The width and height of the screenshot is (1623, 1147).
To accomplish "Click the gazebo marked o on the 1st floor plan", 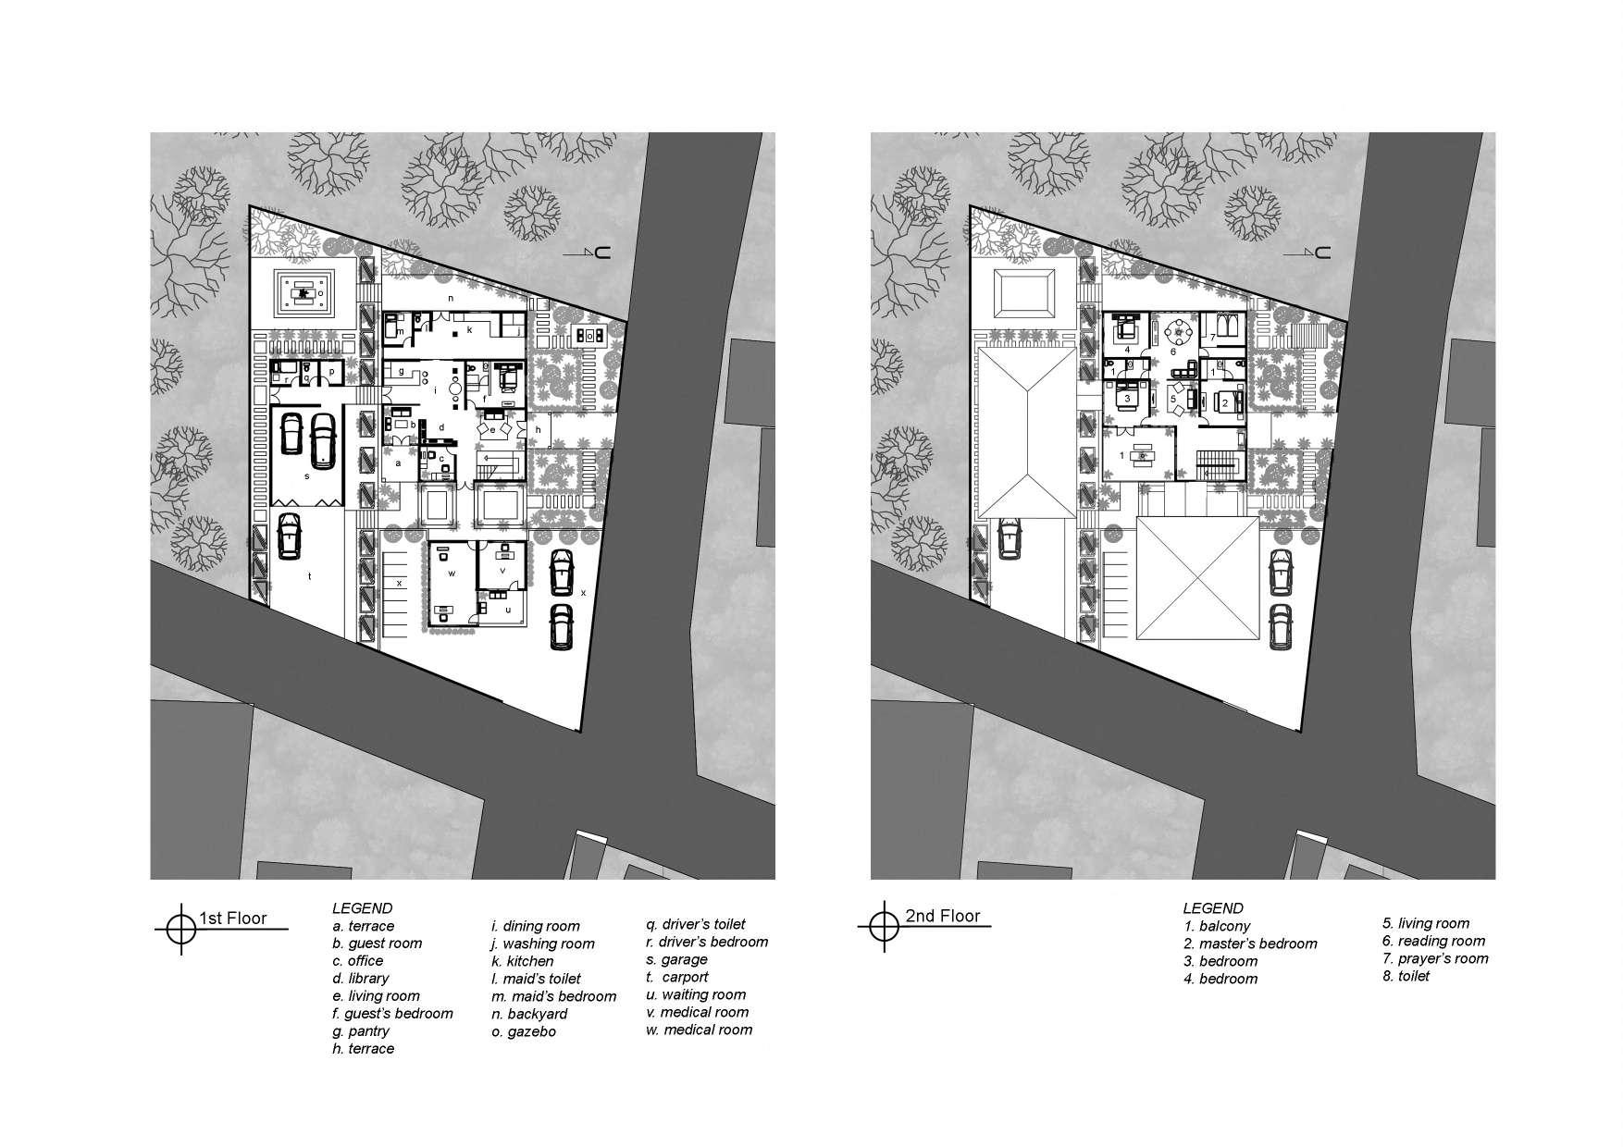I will (303, 294).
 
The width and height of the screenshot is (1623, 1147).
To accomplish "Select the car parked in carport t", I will (289, 536).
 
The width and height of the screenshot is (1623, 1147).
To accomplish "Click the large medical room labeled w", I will (452, 583).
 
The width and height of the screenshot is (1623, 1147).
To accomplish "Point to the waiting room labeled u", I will (507, 608).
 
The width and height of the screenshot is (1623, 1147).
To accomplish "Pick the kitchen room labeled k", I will (470, 327).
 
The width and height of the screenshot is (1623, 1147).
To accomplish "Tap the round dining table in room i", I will (454, 388).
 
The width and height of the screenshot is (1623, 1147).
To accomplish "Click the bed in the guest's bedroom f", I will (508, 379).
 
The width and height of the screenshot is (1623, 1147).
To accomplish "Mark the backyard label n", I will (451, 299).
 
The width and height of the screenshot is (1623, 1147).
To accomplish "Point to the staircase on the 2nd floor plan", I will (1217, 461).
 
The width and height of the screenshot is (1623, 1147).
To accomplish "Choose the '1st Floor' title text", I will (233, 919).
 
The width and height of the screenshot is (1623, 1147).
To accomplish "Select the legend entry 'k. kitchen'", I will (523, 961).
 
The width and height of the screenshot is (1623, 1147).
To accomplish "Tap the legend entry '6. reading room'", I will (1433, 941).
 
